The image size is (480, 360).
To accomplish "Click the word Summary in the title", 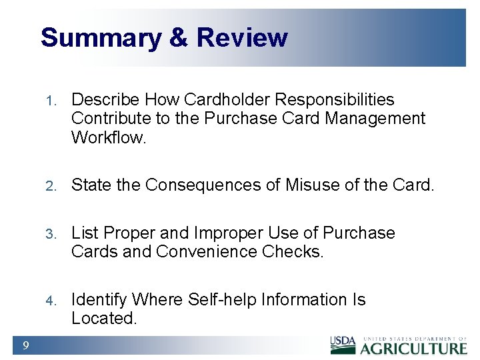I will tap(100, 38).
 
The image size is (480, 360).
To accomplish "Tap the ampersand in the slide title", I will tap(179, 38).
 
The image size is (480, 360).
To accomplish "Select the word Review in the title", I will tap(242, 38).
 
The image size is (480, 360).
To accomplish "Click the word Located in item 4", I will tap(104, 319).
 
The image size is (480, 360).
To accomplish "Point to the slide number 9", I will tap(25, 345).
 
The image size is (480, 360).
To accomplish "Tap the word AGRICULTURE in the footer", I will tap(414, 348).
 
